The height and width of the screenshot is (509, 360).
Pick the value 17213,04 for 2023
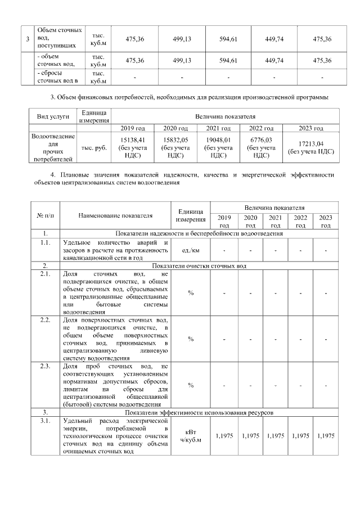(310, 144)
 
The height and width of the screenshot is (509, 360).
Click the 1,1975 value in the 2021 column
(275, 436)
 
